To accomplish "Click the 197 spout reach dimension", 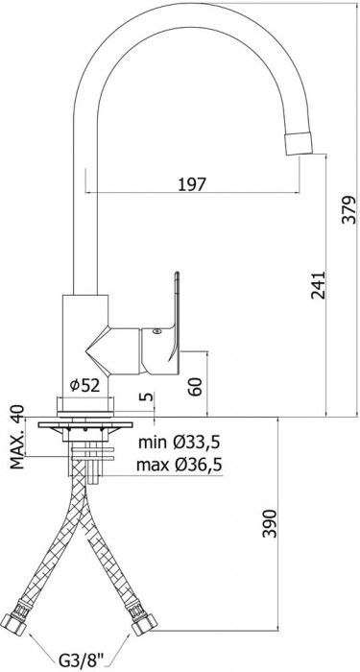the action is tap(192, 184).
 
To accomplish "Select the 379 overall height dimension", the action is tap(350, 209).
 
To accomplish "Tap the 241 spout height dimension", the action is tap(318, 285).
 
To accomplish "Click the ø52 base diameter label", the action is tap(84, 386).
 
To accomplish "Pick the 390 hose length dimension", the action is tap(270, 523).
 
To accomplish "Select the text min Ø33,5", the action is tap(179, 442).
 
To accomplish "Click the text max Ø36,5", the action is tap(180, 464).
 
